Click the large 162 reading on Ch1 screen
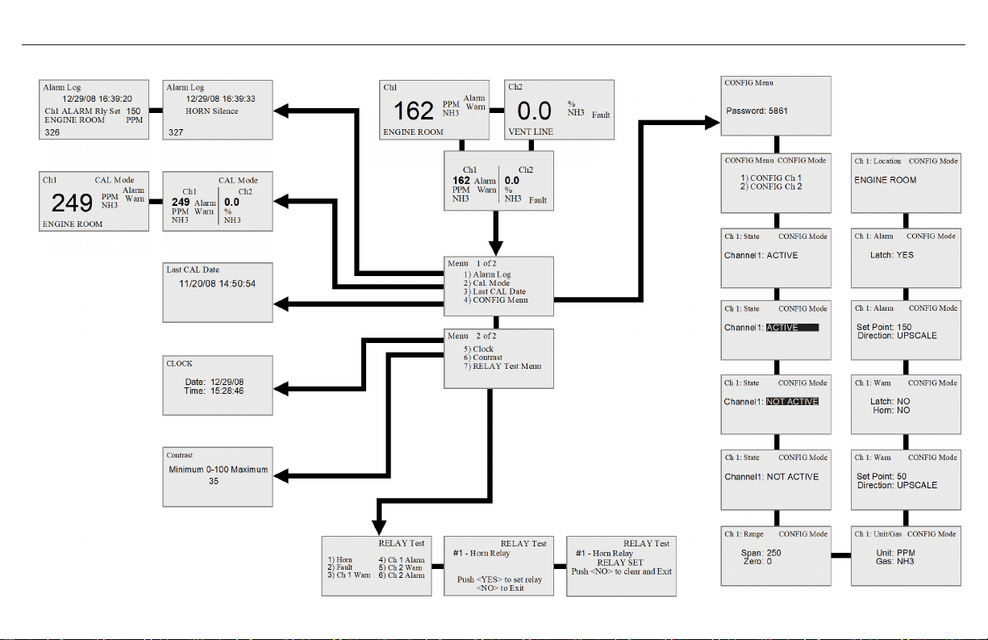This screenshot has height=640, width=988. pyautogui.click(x=414, y=111)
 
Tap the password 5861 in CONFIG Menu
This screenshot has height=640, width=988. pyautogui.click(x=757, y=111)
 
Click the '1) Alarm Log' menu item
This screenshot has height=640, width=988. pyautogui.click(x=492, y=275)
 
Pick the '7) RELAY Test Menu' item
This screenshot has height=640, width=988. pyautogui.click(x=508, y=366)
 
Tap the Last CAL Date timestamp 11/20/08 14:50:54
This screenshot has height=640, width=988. pyautogui.click(x=218, y=284)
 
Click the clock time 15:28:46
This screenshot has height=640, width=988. pyautogui.click(x=227, y=391)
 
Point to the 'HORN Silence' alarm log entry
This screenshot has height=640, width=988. pyautogui.click(x=212, y=111)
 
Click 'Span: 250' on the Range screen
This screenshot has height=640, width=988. pyautogui.click(x=762, y=552)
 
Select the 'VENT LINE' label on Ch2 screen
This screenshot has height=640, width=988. pyautogui.click(x=532, y=131)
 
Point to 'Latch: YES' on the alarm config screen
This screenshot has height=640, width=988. pyautogui.click(x=894, y=255)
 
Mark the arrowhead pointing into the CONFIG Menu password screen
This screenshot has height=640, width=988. pyautogui.click(x=711, y=122)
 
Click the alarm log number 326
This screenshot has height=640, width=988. pyautogui.click(x=52, y=132)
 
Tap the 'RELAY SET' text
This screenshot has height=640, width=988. pyautogui.click(x=619, y=563)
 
